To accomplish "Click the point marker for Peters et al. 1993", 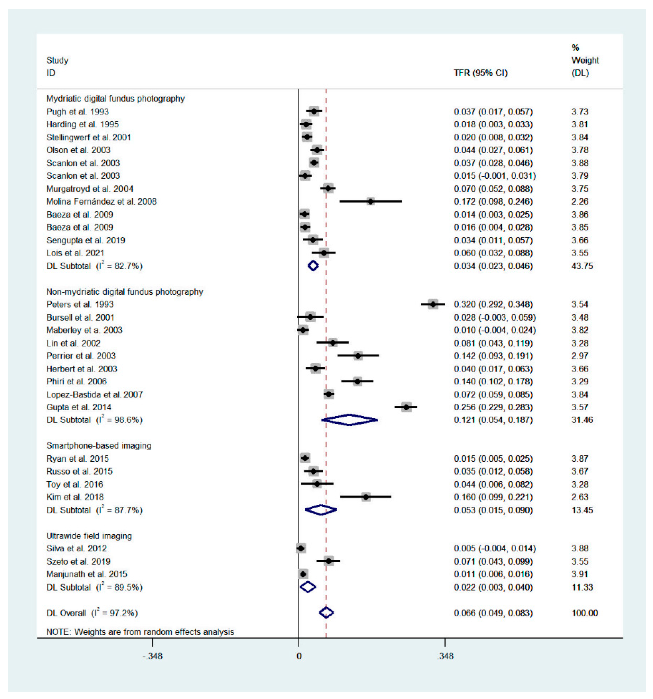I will pyautogui.click(x=433, y=304).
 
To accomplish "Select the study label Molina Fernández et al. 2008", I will pyautogui.click(x=101, y=201).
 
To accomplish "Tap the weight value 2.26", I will pyautogui.click(x=579, y=201).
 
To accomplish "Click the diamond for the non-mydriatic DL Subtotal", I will pyautogui.click(x=349, y=420).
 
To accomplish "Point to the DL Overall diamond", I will pyautogui.click(x=326, y=613).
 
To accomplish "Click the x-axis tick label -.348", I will pyautogui.click(x=152, y=656).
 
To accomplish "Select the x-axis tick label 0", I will pyautogui.click(x=298, y=656).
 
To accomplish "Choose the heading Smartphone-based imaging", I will pyautogui.click(x=99, y=446).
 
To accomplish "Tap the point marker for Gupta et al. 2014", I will pyautogui.click(x=406, y=407).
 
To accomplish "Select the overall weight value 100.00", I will pyautogui.click(x=585, y=613).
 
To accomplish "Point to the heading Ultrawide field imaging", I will pyautogui.click(x=89, y=536).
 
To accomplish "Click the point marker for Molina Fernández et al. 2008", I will pyautogui.click(x=371, y=201).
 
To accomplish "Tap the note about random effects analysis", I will pyautogui.click(x=140, y=632).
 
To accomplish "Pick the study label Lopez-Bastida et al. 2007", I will pyautogui.click(x=94, y=395).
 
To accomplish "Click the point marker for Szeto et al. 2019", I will pyautogui.click(x=328, y=561).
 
